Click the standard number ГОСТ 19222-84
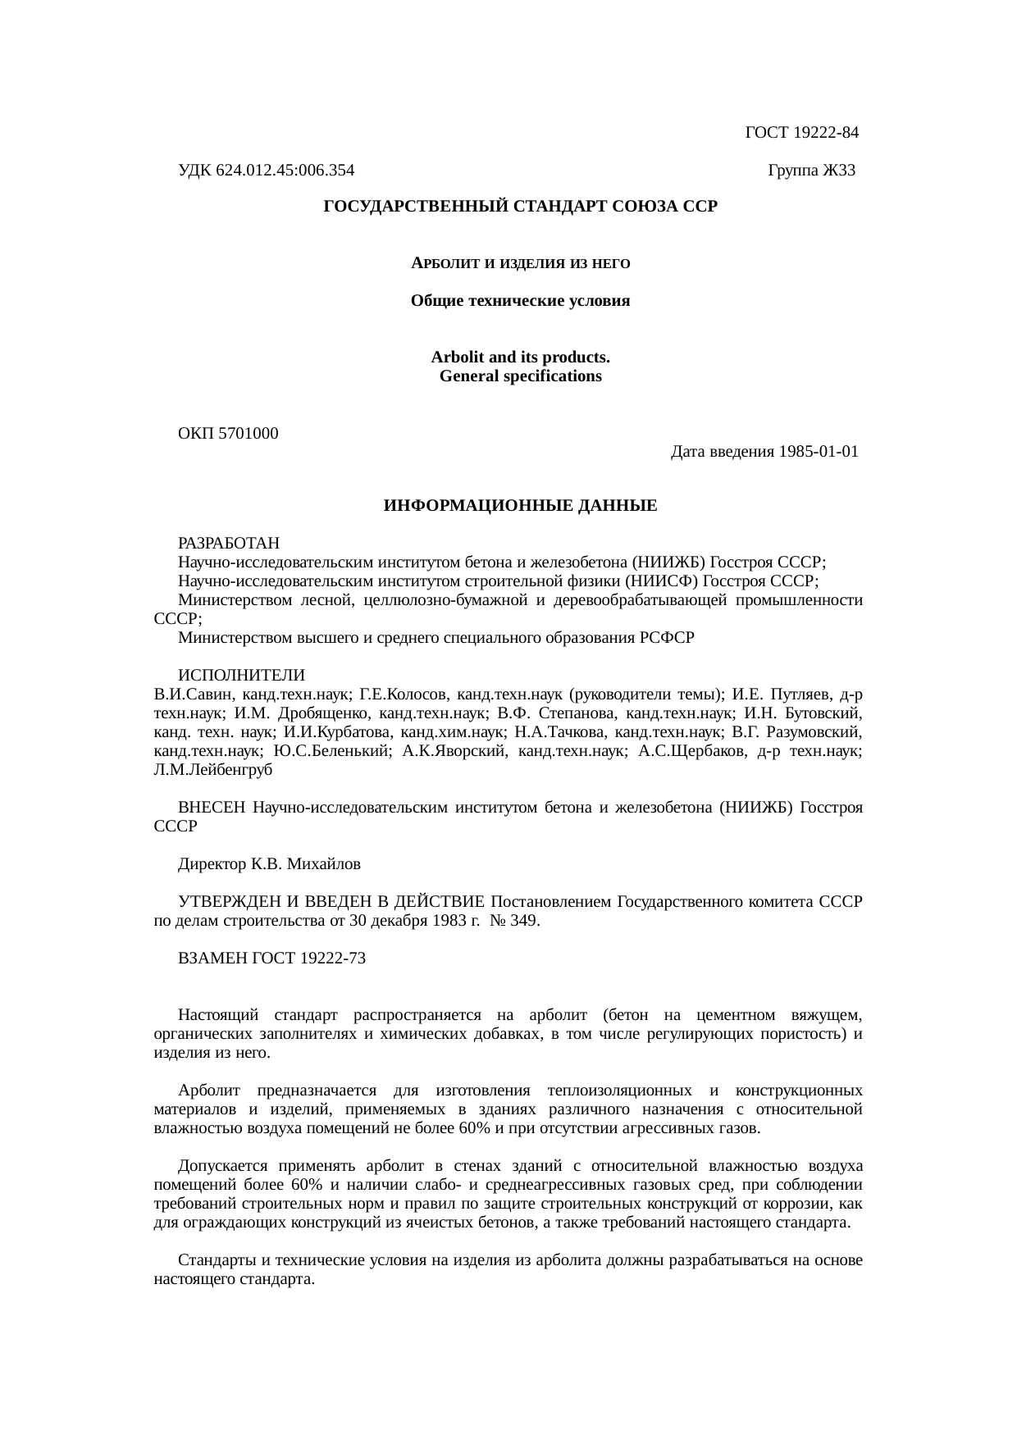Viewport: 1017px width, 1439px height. (801, 132)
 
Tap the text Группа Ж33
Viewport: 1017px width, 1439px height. (811, 171)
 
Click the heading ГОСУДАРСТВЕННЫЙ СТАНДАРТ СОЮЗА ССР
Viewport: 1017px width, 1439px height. (520, 207)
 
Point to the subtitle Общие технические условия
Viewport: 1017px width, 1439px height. (520, 301)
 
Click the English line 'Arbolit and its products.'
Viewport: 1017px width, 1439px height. (520, 358)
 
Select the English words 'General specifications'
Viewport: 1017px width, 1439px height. (520, 376)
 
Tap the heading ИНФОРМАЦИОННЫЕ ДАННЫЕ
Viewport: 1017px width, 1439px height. (520, 506)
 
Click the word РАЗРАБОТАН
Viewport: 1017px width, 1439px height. (229, 544)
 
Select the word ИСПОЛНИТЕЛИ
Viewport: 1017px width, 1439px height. (241, 676)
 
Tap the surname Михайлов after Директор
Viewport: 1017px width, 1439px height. (327, 864)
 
